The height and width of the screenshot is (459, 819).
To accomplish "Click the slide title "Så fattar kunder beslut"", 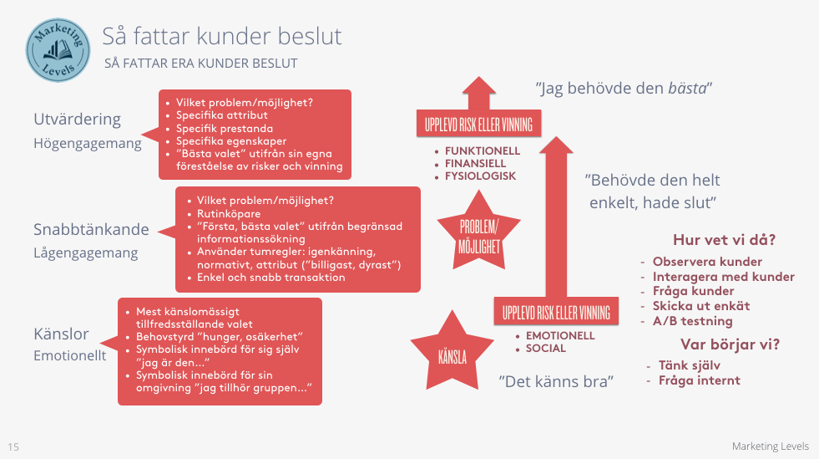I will (x=221, y=37).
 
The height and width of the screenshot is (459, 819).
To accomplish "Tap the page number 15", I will (x=13, y=446).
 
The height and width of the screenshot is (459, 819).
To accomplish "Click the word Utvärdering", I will (x=78, y=119).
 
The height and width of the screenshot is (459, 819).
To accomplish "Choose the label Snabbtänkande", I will (x=92, y=229).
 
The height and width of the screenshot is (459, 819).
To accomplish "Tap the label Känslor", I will (x=61, y=334).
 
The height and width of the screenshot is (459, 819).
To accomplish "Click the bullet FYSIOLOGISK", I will (x=480, y=176).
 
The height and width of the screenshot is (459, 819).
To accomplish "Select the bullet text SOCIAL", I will (x=546, y=348).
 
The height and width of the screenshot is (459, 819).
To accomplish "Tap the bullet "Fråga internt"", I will (x=699, y=380).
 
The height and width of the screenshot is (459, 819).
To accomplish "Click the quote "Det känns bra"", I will (x=557, y=381).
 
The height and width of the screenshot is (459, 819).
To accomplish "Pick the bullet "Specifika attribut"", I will (x=221, y=115).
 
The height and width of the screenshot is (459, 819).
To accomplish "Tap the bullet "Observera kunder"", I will (x=707, y=262).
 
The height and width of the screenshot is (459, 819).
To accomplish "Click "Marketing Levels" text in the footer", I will (x=770, y=446).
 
